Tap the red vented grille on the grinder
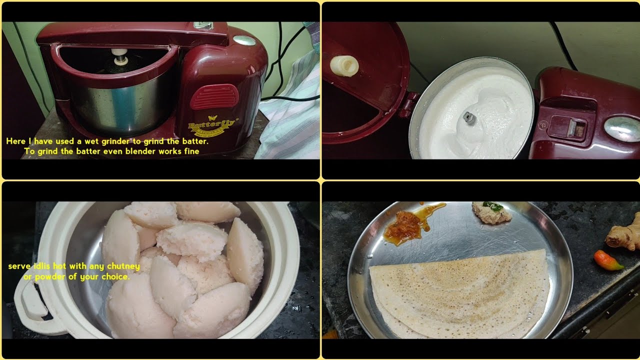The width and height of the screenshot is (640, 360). coord(214,96)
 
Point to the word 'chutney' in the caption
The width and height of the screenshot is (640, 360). coord(123,266)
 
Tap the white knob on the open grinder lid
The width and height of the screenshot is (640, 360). coord(344,65)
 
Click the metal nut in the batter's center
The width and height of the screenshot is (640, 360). coord(469,117)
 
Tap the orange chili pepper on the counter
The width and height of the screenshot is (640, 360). coord(608,260)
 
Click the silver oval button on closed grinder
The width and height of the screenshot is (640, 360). coord(244,40)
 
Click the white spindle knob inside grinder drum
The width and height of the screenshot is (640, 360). coord(120,56)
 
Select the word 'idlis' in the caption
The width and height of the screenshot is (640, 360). coord(41,266)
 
